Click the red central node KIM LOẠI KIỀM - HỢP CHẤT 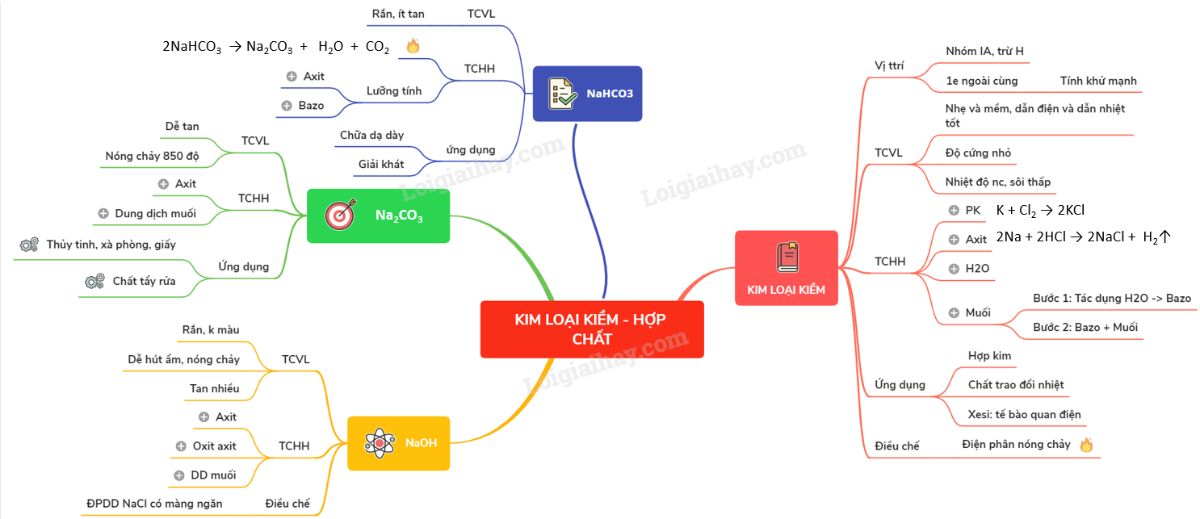tap(591, 329)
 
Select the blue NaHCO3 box tap(587, 94)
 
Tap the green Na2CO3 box tap(378, 216)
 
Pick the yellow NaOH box tap(398, 442)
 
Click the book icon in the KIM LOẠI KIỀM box tap(787, 257)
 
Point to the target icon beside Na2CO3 tap(339, 216)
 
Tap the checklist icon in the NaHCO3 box tap(562, 93)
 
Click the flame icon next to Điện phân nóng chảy tap(1085, 444)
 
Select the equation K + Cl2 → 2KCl tap(1040, 211)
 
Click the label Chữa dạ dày tap(371, 135)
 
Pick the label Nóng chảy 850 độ tap(152, 156)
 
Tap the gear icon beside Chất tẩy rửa tap(94, 281)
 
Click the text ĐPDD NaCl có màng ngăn tap(154, 504)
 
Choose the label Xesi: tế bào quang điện tap(1024, 414)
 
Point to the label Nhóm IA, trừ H tap(984, 52)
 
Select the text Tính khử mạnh tap(1098, 81)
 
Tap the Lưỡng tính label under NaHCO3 tap(394, 91)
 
